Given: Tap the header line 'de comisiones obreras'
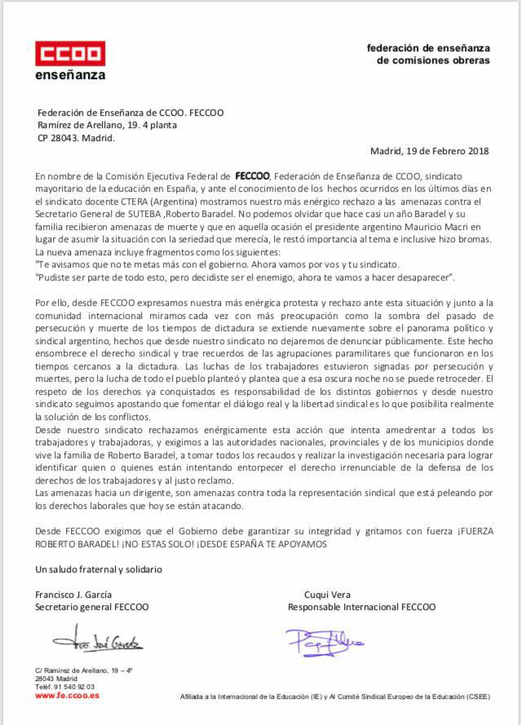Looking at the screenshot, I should coord(433,60).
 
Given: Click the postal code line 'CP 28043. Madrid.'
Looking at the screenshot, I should coord(77,138).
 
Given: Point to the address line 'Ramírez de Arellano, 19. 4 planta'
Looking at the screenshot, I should coord(107,126).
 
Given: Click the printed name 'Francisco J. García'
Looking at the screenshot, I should coord(74,594).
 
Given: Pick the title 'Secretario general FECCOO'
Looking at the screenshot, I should coord(92,607).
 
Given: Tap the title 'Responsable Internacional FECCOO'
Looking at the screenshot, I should coord(362,607).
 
